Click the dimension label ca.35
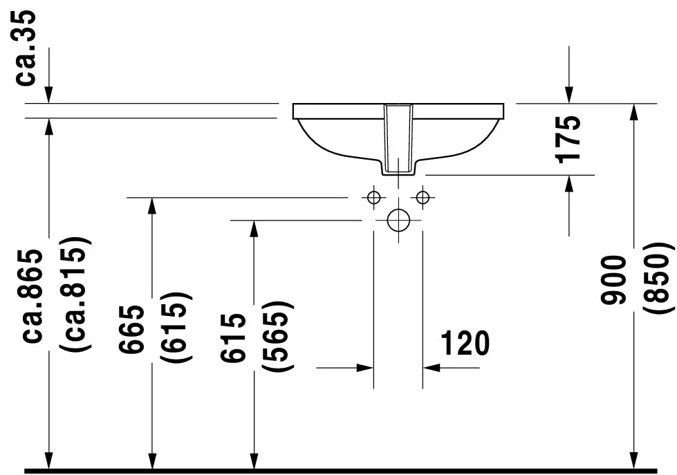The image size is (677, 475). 25,48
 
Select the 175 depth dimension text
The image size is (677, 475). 568,139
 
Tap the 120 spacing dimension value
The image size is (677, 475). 465,344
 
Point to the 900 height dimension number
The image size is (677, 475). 613,280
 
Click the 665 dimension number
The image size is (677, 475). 131,329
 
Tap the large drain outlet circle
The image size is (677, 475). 398,221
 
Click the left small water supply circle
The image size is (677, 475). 374,197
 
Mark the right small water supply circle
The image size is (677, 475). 423,197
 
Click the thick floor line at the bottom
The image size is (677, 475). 341,471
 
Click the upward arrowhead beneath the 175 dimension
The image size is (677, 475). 570,184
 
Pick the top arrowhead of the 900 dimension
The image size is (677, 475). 634,113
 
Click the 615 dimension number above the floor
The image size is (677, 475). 233,337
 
